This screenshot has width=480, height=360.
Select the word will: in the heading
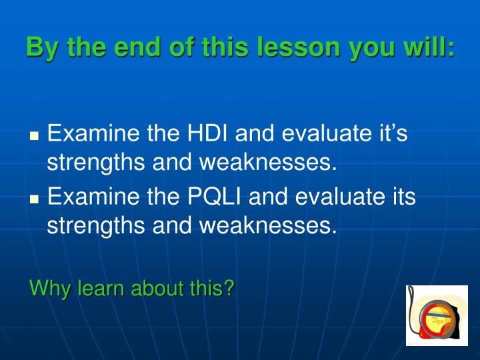click(x=427, y=47)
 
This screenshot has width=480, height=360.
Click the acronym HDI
click(x=207, y=133)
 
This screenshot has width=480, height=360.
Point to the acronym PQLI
click(x=214, y=197)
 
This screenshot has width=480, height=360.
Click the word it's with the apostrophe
click(x=394, y=133)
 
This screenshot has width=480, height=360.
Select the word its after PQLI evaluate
click(x=404, y=197)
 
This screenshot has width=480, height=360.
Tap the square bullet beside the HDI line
click(x=35, y=135)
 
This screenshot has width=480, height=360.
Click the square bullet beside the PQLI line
click(x=35, y=199)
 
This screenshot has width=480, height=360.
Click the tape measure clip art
click(x=437, y=315)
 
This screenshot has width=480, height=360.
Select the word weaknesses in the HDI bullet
click(x=265, y=162)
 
